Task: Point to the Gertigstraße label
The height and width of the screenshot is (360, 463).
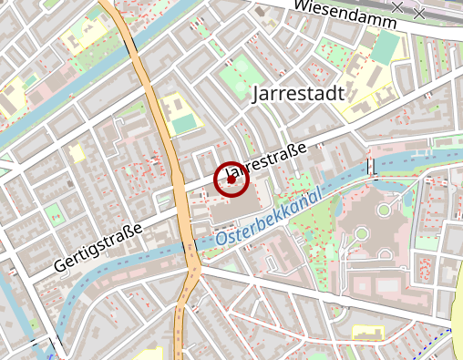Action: point(98,248)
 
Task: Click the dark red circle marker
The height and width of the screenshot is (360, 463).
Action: point(231,180)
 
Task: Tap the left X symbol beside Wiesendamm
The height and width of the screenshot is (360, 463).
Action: point(397,7)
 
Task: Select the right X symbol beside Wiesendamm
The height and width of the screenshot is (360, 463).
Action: point(419,13)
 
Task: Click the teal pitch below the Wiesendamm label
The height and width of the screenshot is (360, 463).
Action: point(386,46)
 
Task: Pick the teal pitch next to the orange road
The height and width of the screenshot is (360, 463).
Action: point(184,122)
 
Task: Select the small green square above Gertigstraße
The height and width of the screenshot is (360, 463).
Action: point(54,214)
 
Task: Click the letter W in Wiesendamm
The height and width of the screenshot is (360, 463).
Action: point(302,5)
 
